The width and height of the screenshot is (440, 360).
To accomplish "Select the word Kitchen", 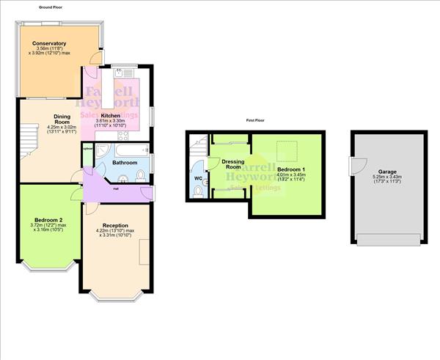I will point(111,116).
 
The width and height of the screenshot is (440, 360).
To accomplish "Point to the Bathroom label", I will point(125,162).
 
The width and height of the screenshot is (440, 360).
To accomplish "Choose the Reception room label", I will point(116,225).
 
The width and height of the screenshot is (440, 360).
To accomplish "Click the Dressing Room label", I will point(233,164).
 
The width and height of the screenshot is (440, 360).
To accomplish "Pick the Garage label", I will point(387,172).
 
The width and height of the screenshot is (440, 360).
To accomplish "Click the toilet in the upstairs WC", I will point(202,190).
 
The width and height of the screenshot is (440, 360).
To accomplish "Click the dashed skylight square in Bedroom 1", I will point(292,147).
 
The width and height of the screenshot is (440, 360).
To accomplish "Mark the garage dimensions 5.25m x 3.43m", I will point(387,178).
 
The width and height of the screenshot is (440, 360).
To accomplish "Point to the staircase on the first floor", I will point(197,150).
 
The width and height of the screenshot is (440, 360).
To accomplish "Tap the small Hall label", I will point(117,188).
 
